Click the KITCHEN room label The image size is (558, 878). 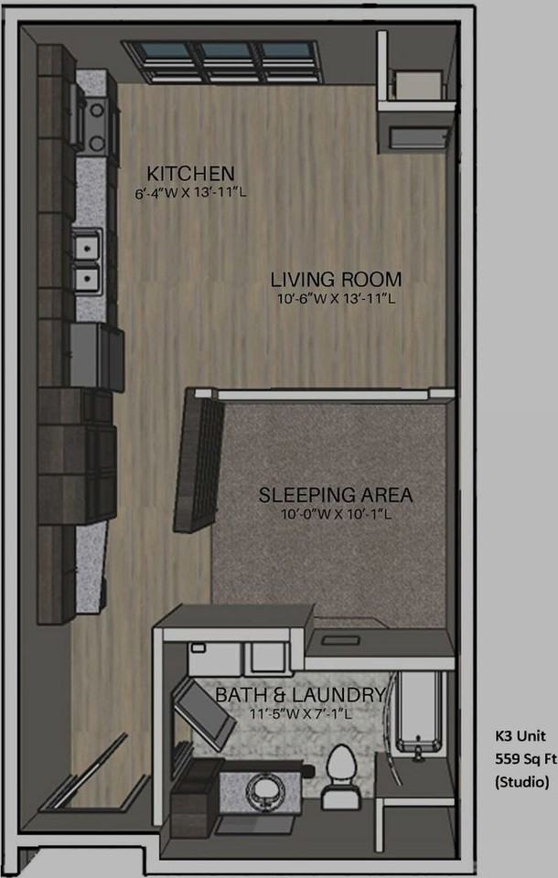[x=191, y=173]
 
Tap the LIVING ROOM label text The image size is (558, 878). [x=336, y=279]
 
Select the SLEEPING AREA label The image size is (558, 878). [x=335, y=496]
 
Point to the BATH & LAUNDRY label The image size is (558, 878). [x=299, y=695]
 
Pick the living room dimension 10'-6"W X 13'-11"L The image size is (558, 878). [x=336, y=299]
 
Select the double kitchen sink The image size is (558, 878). [x=89, y=261]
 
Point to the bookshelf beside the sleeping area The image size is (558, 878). [x=201, y=460]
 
